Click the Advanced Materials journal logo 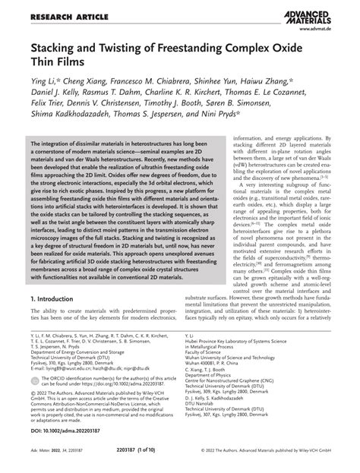(320, 14)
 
